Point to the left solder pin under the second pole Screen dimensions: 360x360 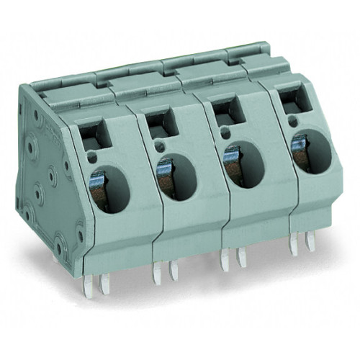pyautogui.click(x=156, y=271)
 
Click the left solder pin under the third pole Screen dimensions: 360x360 pyautogui.click(x=225, y=261)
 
